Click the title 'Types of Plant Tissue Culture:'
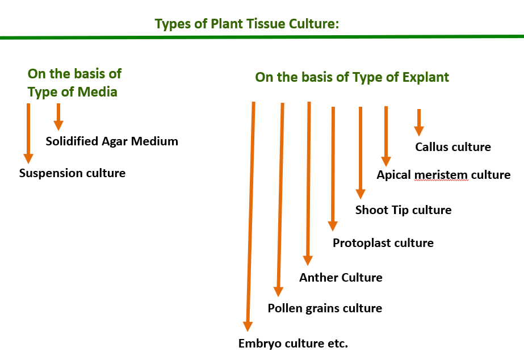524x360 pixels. tap(247, 24)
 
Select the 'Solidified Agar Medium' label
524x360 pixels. tap(112, 141)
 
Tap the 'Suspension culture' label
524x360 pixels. tap(72, 173)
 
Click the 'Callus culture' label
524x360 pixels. tap(452, 147)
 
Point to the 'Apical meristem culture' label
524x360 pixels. tap(443, 175)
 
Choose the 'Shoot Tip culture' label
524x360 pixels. tap(403, 210)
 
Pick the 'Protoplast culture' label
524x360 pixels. tap(383, 243)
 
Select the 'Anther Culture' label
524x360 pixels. tap(341, 278)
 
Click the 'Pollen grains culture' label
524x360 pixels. tap(325, 308)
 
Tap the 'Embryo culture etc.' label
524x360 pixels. tap(293, 344)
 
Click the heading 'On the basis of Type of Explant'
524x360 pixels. tap(352, 77)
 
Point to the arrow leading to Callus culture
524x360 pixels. tap(419, 122)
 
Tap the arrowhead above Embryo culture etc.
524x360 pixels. tap(248, 325)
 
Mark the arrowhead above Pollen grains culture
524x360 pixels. tap(278, 291)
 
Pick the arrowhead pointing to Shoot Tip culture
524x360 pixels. tap(360, 193)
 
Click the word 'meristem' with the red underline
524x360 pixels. tap(441, 175)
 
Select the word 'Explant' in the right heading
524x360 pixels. tap(425, 77)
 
